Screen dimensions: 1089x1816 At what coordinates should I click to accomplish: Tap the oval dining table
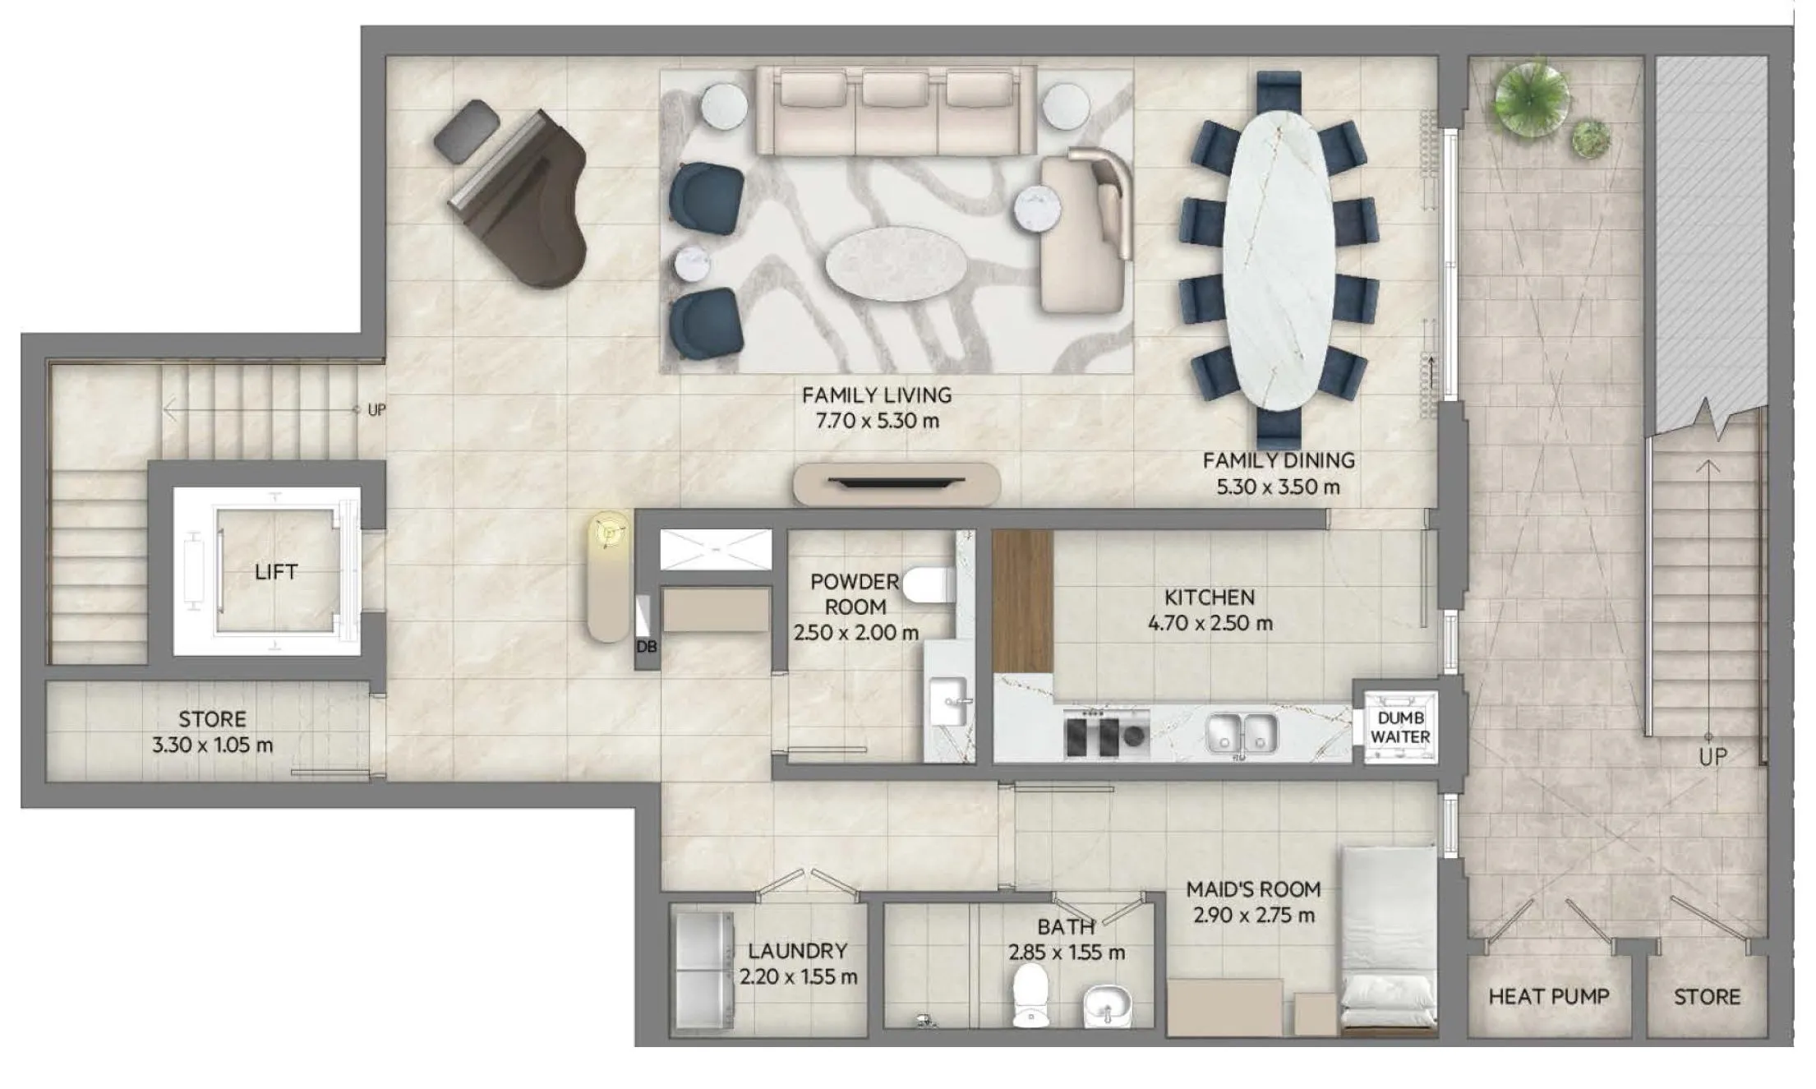[1279, 260]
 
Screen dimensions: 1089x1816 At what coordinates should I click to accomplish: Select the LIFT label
[276, 572]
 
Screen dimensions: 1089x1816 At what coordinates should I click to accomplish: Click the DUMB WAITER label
[1400, 727]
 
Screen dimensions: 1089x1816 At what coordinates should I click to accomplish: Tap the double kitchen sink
[1242, 733]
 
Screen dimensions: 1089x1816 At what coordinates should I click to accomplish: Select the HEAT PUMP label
[1548, 997]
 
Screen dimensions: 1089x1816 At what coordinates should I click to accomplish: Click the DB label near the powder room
[646, 647]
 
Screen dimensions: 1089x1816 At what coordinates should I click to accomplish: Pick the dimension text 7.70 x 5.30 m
[877, 421]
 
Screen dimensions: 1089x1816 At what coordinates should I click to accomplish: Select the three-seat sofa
[896, 111]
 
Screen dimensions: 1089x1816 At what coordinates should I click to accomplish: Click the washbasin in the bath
[1108, 1005]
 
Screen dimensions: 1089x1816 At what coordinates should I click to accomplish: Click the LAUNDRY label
[797, 951]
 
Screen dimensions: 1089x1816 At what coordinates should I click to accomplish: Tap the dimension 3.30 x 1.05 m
[212, 745]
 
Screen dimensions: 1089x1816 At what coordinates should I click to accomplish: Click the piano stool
[466, 130]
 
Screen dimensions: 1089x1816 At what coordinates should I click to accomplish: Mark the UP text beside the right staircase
[1712, 757]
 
